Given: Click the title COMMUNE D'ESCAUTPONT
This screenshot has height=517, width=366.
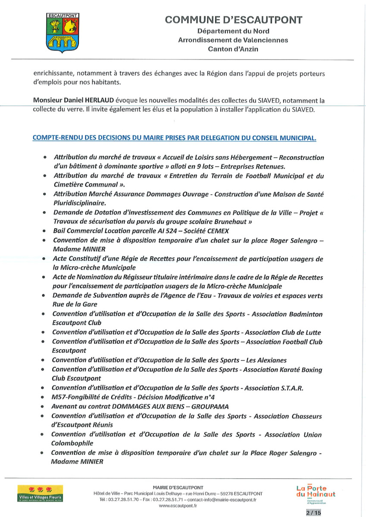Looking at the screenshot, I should click(x=233, y=20).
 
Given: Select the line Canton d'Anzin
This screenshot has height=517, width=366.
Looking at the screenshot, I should click(x=233, y=49).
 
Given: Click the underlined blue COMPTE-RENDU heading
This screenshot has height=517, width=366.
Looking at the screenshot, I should click(x=175, y=138).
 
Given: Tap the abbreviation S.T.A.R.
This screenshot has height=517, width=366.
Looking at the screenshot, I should click(x=290, y=387).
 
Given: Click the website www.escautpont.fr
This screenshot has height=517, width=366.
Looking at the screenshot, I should click(x=178, y=506).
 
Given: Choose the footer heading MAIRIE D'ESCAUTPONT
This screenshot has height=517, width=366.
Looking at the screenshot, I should click(x=178, y=487).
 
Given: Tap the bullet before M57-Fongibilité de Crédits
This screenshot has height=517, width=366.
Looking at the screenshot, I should click(x=42, y=397).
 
